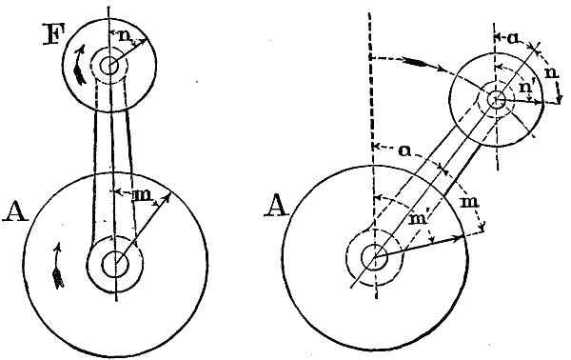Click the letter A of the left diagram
(x=16, y=210)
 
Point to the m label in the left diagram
(x=139, y=195)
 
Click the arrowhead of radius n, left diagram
(x=144, y=41)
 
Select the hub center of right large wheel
(x=372, y=255)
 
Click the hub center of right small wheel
(x=496, y=97)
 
